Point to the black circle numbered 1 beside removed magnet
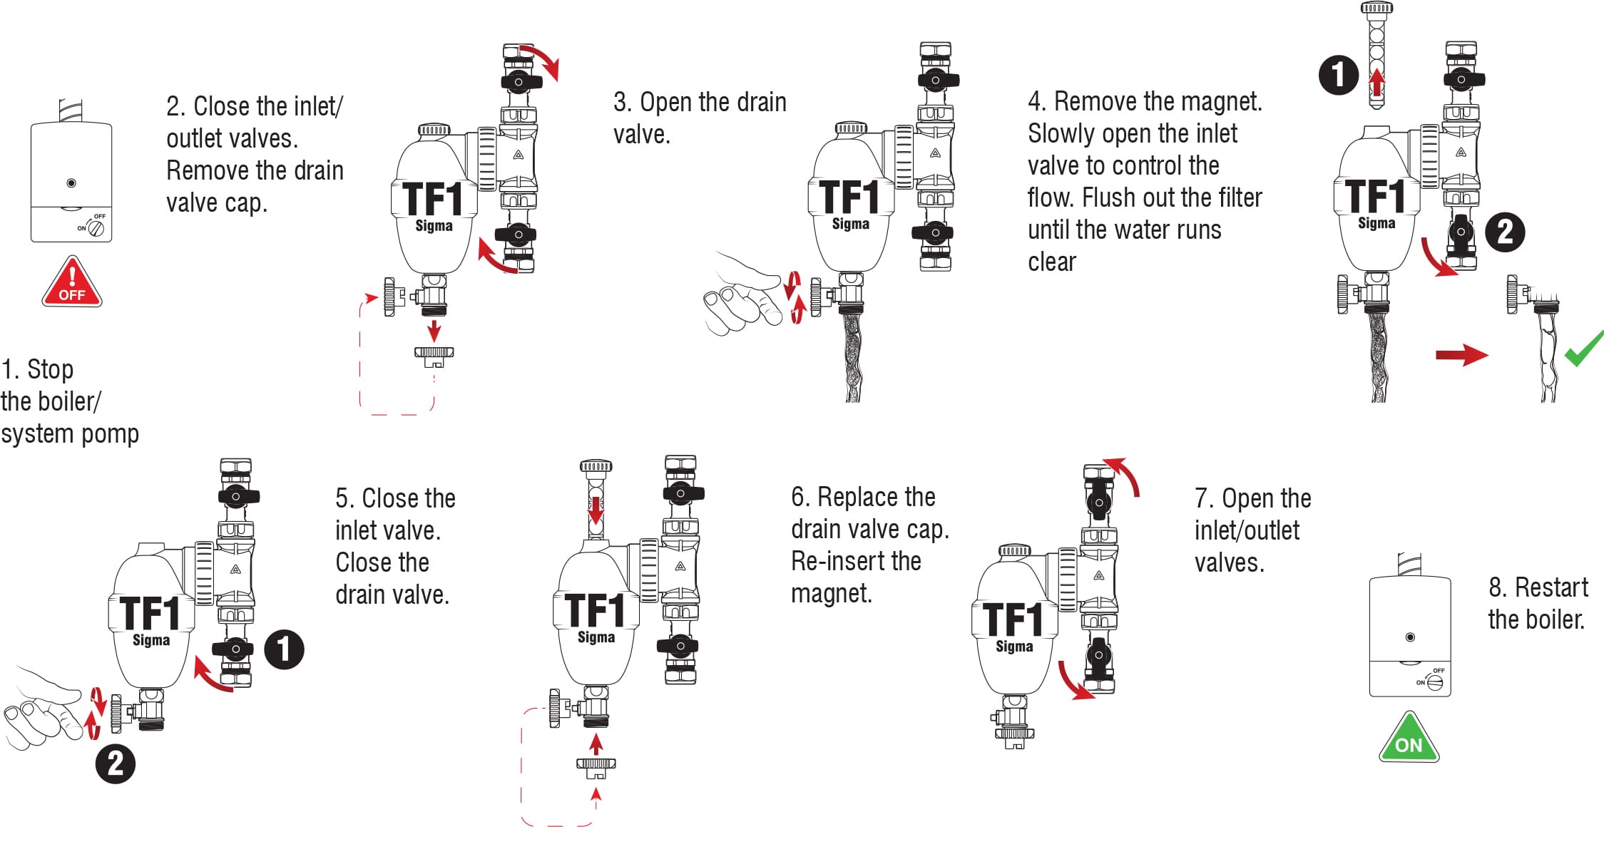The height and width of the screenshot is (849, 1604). click(x=1338, y=74)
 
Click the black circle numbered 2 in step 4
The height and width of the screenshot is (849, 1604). click(x=1505, y=232)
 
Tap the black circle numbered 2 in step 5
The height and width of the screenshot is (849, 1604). click(x=116, y=763)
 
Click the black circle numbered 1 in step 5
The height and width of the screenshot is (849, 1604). click(x=284, y=649)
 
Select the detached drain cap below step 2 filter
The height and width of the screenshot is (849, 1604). click(x=434, y=354)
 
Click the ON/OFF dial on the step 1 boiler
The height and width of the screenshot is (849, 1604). click(x=96, y=228)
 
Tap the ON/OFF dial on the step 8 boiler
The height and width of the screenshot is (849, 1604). click(x=1434, y=682)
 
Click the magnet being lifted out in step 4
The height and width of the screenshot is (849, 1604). click(x=1376, y=57)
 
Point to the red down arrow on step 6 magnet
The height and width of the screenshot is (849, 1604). click(x=596, y=509)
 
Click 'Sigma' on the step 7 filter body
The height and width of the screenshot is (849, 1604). click(x=1014, y=646)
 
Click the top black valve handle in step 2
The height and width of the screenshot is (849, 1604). click(x=519, y=81)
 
